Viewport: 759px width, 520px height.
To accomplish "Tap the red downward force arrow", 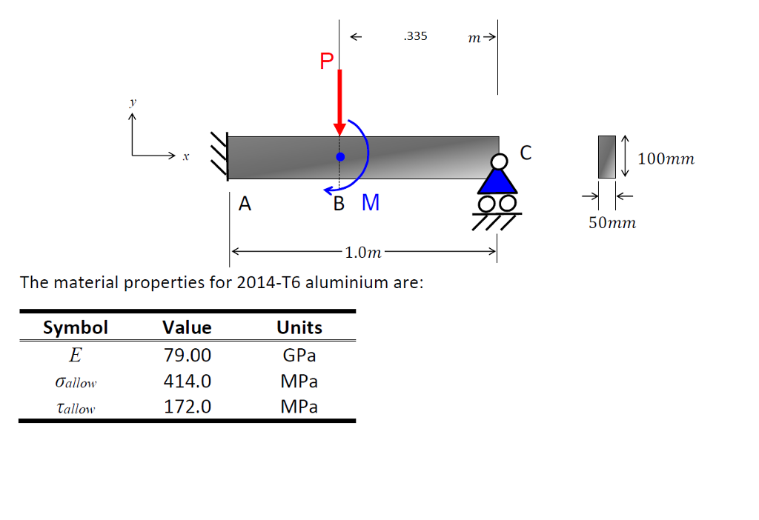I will pos(339,100).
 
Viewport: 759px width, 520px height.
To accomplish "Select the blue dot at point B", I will pos(340,157).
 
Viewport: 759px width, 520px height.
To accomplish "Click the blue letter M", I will pos(371,203).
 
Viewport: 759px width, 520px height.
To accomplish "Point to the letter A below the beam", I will pos(245,204).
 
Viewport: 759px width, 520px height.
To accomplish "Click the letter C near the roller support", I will pos(526,153).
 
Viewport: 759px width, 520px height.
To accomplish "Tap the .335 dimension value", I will pos(415,36).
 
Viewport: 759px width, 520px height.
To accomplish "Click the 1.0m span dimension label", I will pos(362,253).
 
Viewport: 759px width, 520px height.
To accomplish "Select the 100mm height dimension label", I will pos(666,159).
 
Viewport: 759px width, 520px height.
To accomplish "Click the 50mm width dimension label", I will pos(612,222).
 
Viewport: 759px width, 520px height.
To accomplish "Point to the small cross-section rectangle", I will pos(607,157).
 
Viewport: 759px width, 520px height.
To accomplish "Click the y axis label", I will pos(134,104).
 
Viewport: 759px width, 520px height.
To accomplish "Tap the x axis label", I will pos(186,156).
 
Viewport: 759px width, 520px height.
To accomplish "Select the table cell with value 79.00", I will pos(187,356).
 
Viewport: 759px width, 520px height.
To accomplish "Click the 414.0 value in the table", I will pos(187,381).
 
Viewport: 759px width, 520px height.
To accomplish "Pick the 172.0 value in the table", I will pos(187,407).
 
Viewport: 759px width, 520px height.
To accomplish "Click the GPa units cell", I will pos(299,356).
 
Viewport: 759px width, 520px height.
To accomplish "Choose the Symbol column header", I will pos(76,327).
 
